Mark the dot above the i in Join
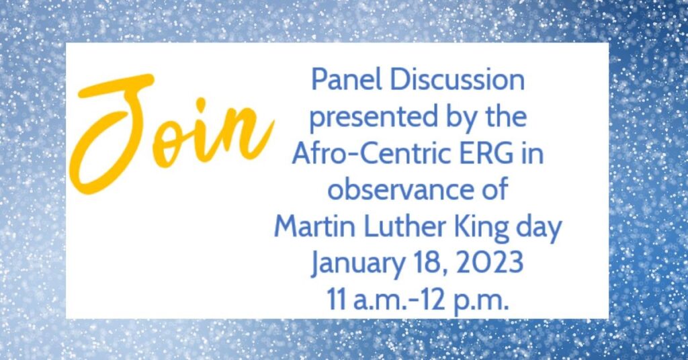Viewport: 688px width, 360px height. click(x=200, y=104)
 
